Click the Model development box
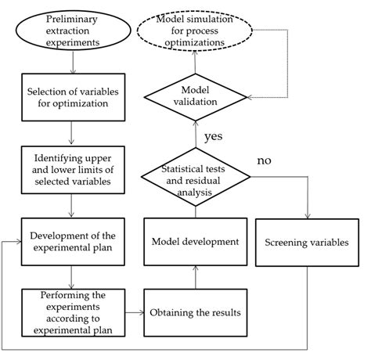tap(196, 242)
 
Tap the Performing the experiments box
tap(71, 311)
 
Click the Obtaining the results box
tap(196, 312)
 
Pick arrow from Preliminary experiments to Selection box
tap(71, 63)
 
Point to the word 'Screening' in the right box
tap(283, 242)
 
